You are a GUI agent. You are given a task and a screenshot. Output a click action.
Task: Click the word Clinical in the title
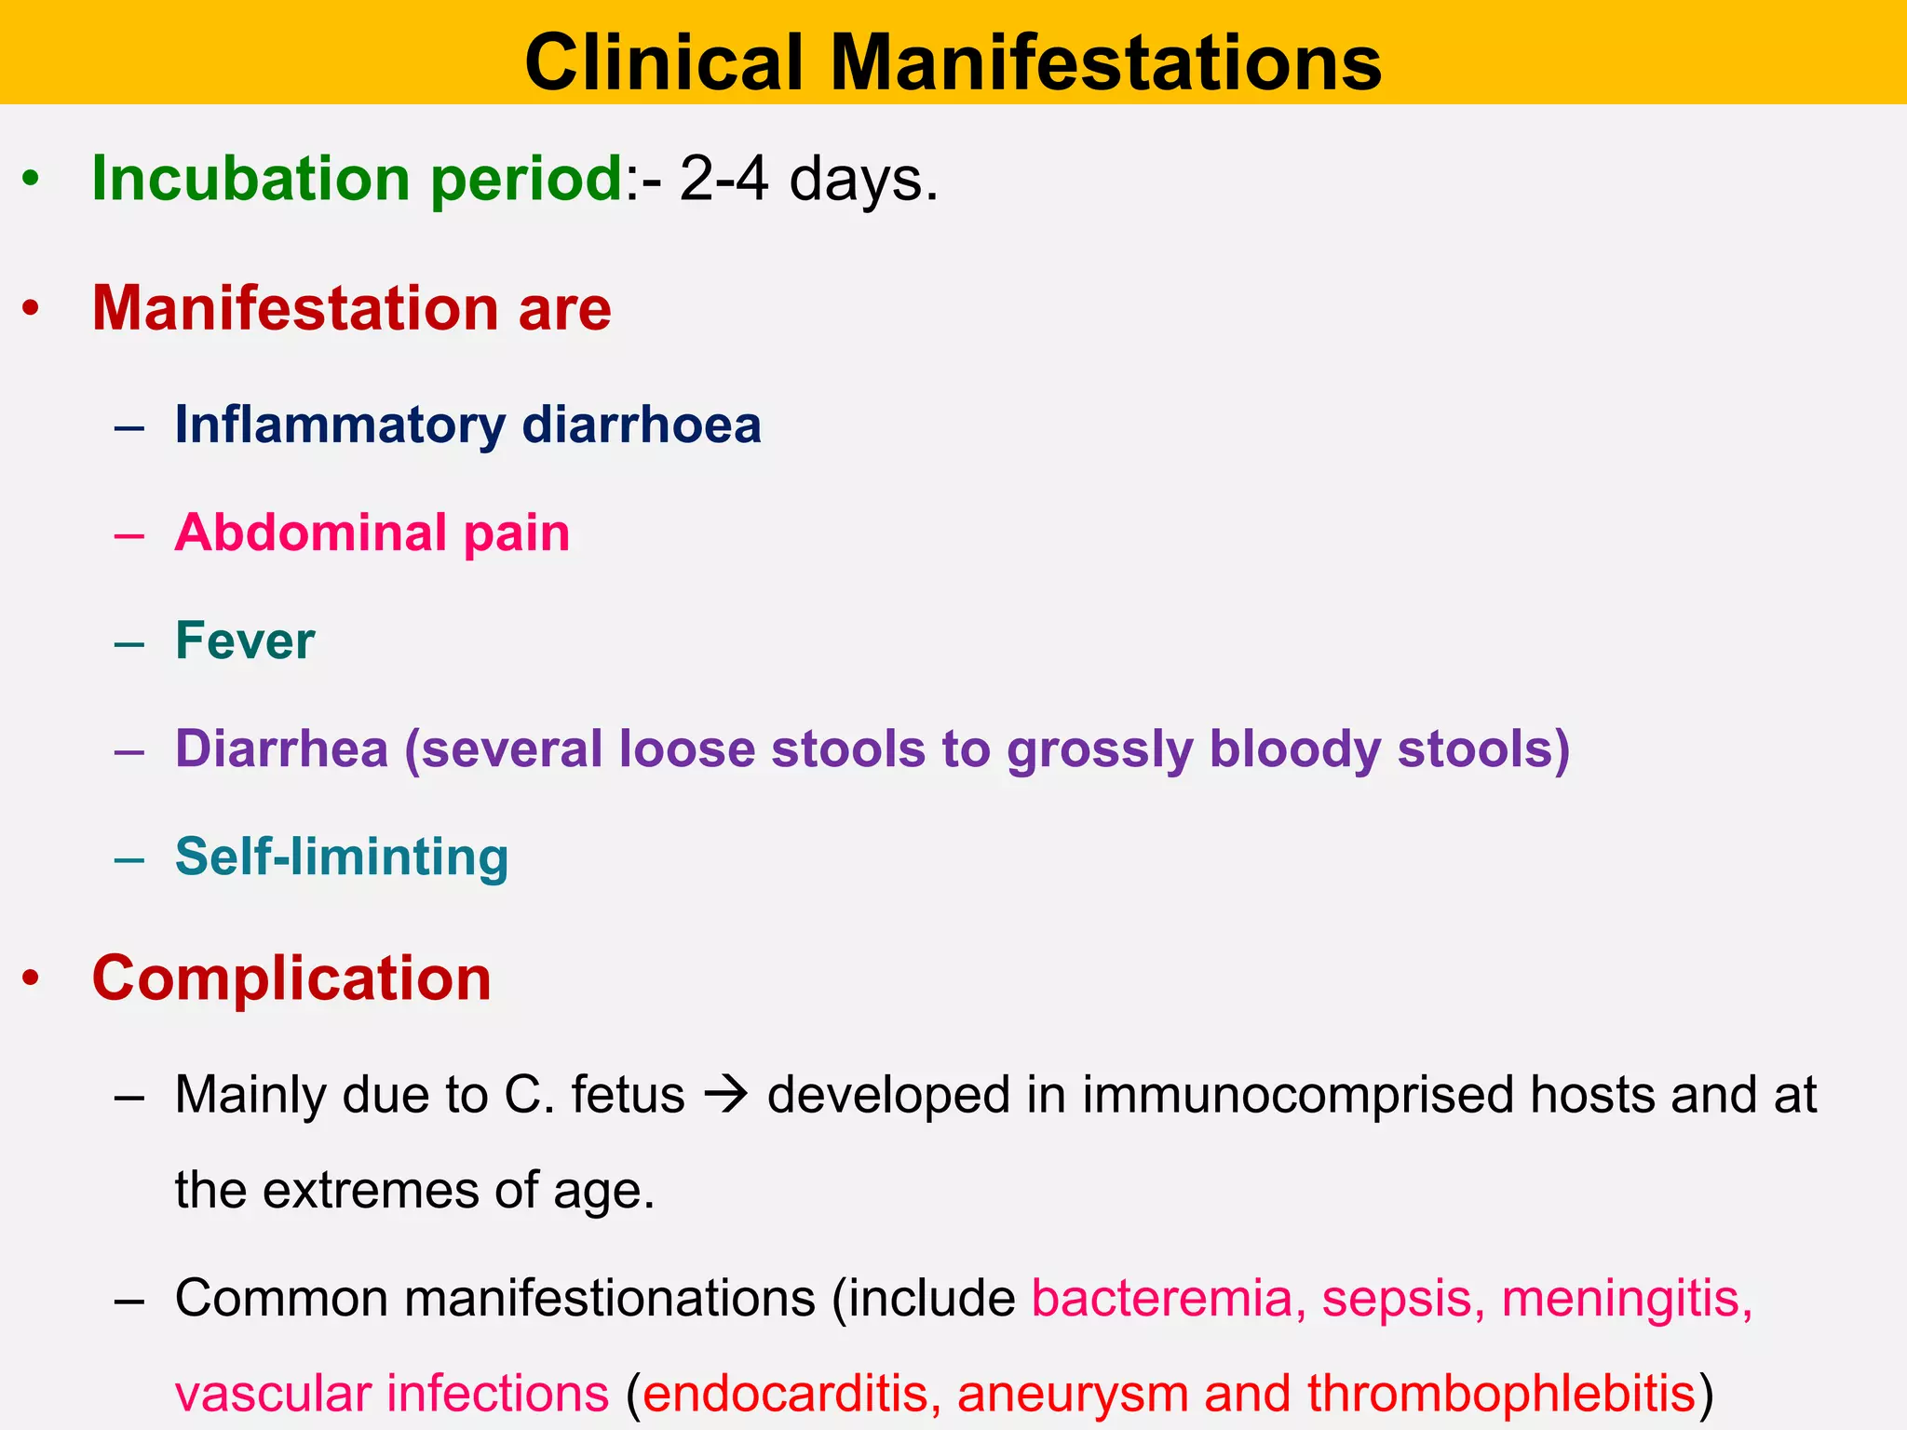(664, 62)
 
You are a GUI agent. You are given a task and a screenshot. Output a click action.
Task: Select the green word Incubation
(250, 178)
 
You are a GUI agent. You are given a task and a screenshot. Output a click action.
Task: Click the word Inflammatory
(340, 425)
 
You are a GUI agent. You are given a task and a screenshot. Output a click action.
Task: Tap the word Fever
(245, 641)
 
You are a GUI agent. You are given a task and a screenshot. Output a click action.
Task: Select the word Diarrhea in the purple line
(281, 749)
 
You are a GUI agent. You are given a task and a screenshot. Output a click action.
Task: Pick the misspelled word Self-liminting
(342, 857)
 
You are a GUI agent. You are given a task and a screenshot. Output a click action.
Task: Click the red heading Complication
(291, 978)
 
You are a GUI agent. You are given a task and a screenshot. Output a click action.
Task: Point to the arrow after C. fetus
(726, 1095)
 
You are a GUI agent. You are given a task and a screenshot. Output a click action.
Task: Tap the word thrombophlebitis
(1500, 1394)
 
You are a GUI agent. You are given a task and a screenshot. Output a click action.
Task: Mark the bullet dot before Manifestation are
(32, 309)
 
